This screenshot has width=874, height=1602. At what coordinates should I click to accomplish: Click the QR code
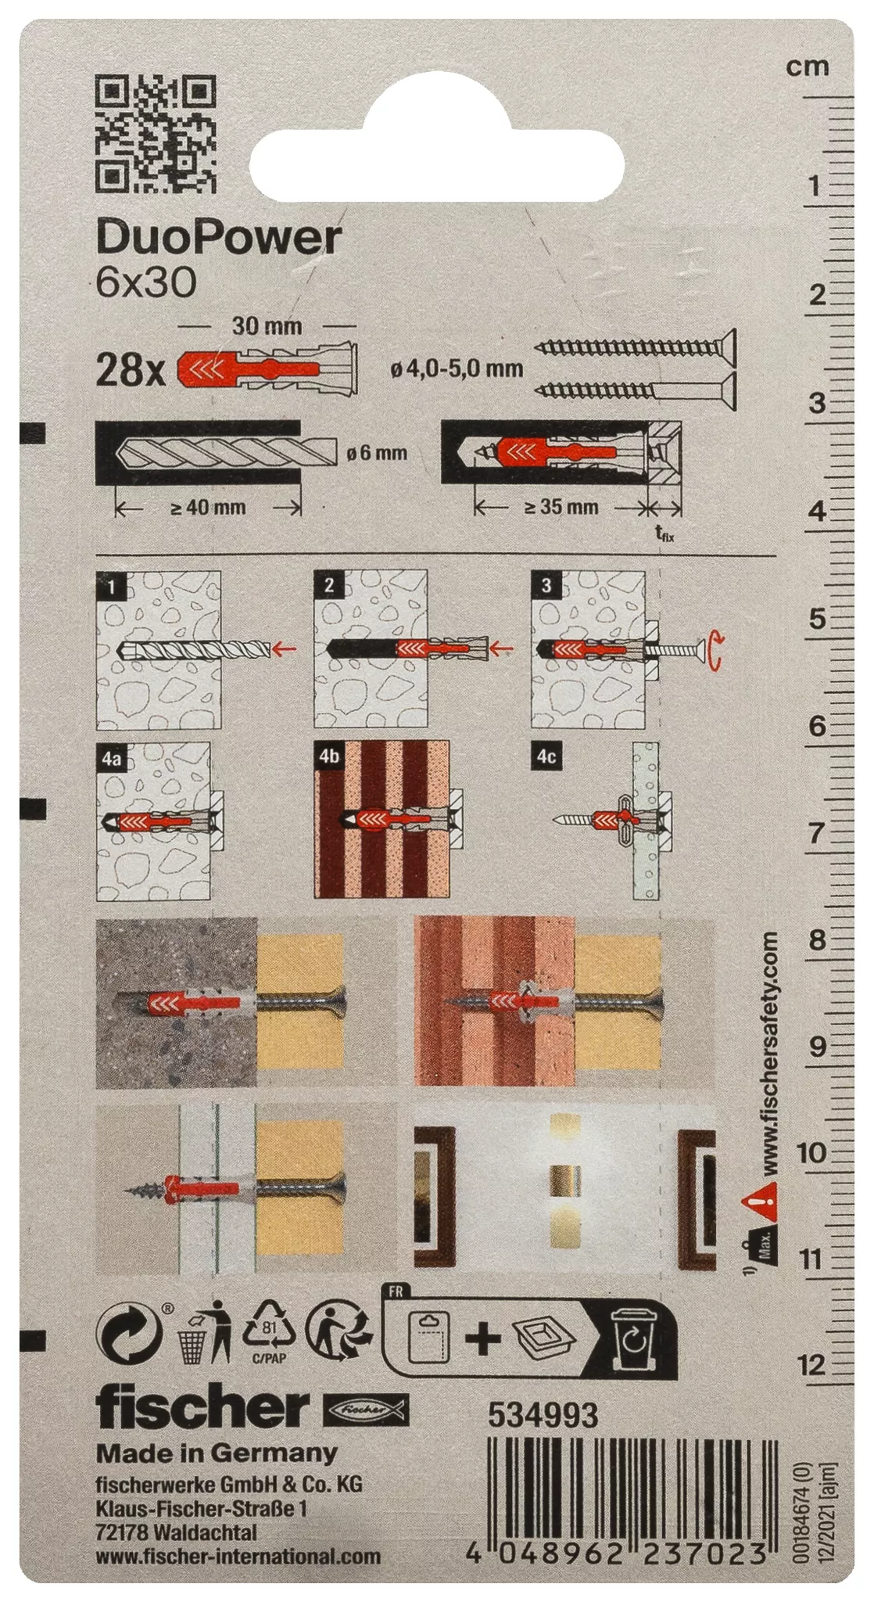click(155, 134)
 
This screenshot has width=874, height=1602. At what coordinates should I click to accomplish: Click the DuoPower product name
click(219, 237)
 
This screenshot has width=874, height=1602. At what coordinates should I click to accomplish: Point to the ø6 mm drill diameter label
click(378, 453)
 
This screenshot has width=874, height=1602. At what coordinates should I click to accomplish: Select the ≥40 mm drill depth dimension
click(208, 508)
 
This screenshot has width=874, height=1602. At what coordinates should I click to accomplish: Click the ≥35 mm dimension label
click(561, 507)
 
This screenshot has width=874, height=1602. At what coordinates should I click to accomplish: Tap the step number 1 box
click(113, 586)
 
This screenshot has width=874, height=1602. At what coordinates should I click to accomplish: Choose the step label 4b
click(329, 756)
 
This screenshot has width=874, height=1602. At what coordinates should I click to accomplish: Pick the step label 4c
click(546, 756)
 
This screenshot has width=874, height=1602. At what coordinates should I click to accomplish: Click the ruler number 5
click(818, 619)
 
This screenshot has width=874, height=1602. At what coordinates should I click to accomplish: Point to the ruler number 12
click(811, 1366)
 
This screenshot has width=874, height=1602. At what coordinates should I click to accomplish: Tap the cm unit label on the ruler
click(808, 67)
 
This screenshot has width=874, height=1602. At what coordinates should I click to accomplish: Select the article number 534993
click(543, 1415)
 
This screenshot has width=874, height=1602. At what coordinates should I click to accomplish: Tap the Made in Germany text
click(217, 1453)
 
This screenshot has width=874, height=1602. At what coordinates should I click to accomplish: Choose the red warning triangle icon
click(761, 1201)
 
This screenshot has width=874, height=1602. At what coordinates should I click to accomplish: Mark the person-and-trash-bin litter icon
click(205, 1332)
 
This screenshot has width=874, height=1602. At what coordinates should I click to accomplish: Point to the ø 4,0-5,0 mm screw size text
click(457, 368)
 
